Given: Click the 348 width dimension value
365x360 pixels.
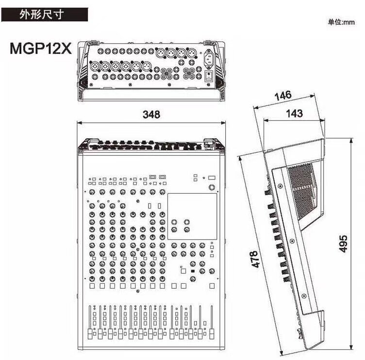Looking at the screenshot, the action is (151, 115).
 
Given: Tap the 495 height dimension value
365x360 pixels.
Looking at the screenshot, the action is (343, 244).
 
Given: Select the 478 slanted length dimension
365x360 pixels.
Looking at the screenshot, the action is (255, 259).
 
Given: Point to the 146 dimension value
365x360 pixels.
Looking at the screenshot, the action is (283, 96).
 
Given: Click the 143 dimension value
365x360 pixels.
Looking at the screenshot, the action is (294, 114).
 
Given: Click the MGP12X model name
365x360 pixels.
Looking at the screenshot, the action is (40, 49).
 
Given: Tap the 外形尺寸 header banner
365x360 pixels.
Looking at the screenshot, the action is (45, 15).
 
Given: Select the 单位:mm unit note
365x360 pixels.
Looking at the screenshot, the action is (341, 22).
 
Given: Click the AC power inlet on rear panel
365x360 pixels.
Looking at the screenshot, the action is (209, 57).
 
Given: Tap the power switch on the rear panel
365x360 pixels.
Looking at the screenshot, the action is (209, 76).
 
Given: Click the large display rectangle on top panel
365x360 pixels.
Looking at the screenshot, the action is (192, 216).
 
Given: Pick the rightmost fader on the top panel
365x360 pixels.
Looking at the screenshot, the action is (212, 322).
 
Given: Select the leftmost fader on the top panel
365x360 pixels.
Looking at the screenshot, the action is (90, 322).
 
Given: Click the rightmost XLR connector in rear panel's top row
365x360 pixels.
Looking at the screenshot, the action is (192, 52).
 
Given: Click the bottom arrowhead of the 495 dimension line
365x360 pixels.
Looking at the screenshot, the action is (351, 347).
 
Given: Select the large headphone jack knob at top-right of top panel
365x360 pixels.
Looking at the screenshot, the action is (212, 187).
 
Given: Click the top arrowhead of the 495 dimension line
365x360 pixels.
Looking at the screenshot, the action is (351, 141).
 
